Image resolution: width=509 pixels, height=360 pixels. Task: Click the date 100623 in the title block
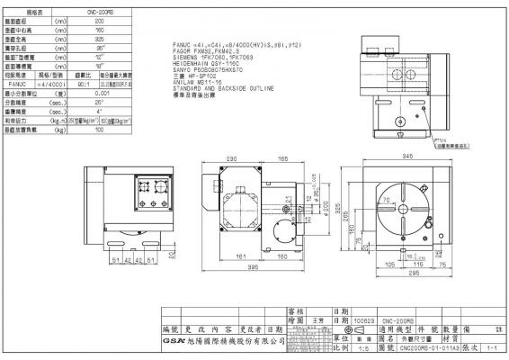point(365,319)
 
